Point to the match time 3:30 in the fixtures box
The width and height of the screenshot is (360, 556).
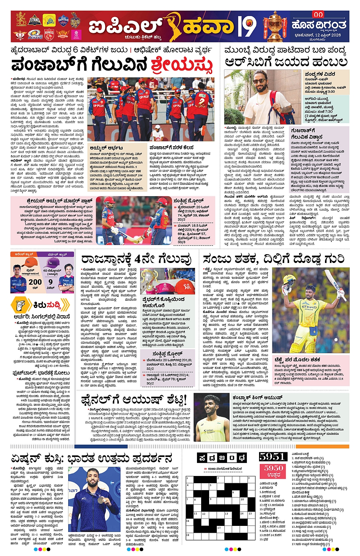click(330, 91)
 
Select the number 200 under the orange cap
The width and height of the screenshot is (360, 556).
click(35, 282)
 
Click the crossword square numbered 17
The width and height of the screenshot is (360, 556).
click(221, 529)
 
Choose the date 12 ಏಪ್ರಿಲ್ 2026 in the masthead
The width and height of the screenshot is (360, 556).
click(320, 35)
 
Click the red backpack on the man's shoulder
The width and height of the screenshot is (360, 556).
click(279, 107)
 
